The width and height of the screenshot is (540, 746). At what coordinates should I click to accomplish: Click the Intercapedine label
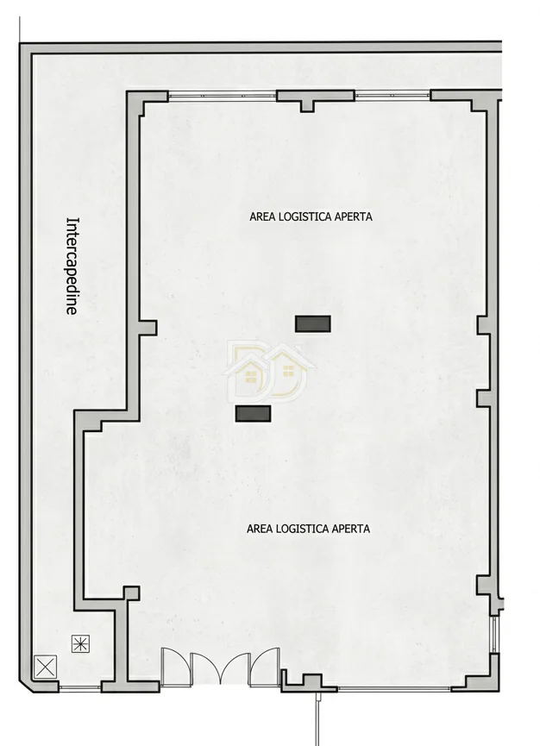(x=72, y=266)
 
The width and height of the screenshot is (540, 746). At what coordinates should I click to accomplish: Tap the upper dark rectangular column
(x=312, y=324)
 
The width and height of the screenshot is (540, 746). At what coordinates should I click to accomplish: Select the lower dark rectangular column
(x=253, y=414)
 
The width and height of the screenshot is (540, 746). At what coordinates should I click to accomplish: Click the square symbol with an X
(x=45, y=666)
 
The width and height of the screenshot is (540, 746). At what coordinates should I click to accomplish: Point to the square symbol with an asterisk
(x=80, y=644)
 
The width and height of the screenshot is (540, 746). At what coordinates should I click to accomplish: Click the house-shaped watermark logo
(x=270, y=371)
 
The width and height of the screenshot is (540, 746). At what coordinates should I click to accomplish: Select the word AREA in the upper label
(x=262, y=217)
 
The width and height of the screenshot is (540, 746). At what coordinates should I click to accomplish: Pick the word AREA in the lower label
(x=260, y=529)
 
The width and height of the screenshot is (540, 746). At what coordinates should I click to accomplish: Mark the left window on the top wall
(x=223, y=96)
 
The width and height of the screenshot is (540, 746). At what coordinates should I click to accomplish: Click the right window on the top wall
(x=392, y=96)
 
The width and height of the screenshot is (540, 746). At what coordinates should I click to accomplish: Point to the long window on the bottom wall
(x=394, y=688)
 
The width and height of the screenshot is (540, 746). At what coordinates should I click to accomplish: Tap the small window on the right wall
(x=495, y=635)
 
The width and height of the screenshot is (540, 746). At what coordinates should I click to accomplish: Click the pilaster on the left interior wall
(x=147, y=328)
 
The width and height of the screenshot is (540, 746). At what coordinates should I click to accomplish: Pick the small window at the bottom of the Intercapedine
(x=80, y=688)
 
